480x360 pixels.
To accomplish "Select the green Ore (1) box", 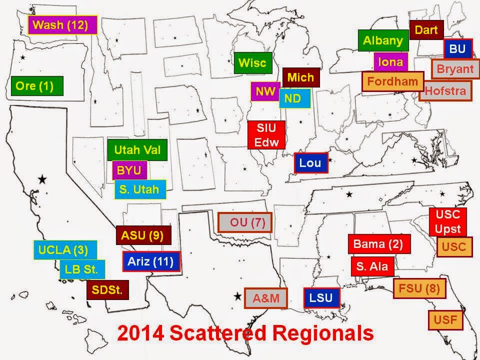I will [x=38, y=85].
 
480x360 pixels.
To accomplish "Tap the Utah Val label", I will [x=137, y=150].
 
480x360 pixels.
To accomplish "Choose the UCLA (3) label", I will [x=64, y=250].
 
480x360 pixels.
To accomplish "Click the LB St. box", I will [x=82, y=270].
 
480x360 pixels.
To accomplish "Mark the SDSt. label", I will [x=107, y=289].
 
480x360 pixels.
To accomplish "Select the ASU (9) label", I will [x=143, y=235].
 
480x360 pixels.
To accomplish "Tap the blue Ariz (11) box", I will [x=150, y=261].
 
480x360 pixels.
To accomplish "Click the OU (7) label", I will [x=244, y=222].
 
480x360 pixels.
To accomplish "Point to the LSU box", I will [x=321, y=298].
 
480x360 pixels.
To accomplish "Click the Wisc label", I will [x=252, y=63].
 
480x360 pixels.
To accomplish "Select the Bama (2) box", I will [x=378, y=244].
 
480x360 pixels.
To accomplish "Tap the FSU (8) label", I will [x=419, y=288].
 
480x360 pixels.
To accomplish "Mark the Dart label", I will [x=426, y=30].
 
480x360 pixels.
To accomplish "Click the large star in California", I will [x=42, y=178].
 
